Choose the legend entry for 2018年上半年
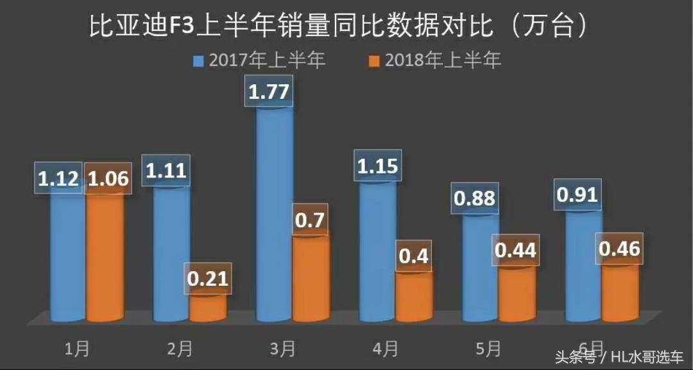coord(436,61)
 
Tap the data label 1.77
coord(269,92)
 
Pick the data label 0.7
coord(310,222)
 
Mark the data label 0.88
coord(475,198)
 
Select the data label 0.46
coord(619,249)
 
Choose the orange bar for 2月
coord(208,307)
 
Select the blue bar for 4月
coord(377,251)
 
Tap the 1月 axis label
coord(78,349)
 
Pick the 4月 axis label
coord(384,349)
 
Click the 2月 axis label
coord(180,349)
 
